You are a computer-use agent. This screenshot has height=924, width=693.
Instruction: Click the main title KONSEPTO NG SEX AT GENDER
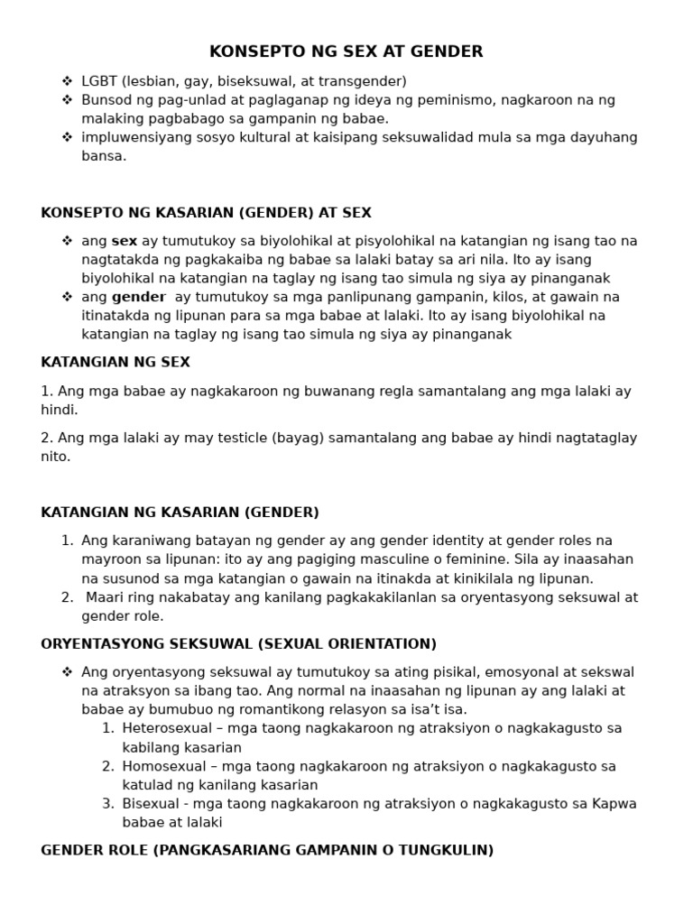click(346, 51)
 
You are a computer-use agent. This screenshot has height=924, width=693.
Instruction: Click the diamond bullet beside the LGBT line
click(67, 81)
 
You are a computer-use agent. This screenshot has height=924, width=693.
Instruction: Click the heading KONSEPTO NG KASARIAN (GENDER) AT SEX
click(206, 213)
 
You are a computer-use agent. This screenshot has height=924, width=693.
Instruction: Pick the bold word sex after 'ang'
click(125, 241)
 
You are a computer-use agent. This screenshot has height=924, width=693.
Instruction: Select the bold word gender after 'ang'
click(139, 297)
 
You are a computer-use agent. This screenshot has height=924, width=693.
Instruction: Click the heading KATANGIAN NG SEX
click(115, 362)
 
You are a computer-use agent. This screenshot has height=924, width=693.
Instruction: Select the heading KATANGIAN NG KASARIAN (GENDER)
click(180, 513)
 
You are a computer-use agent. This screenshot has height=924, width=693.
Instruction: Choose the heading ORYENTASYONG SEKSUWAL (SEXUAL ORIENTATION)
click(238, 644)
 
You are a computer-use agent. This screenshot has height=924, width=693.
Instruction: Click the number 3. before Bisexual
click(107, 804)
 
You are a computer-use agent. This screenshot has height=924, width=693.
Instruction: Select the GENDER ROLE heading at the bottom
click(267, 850)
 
